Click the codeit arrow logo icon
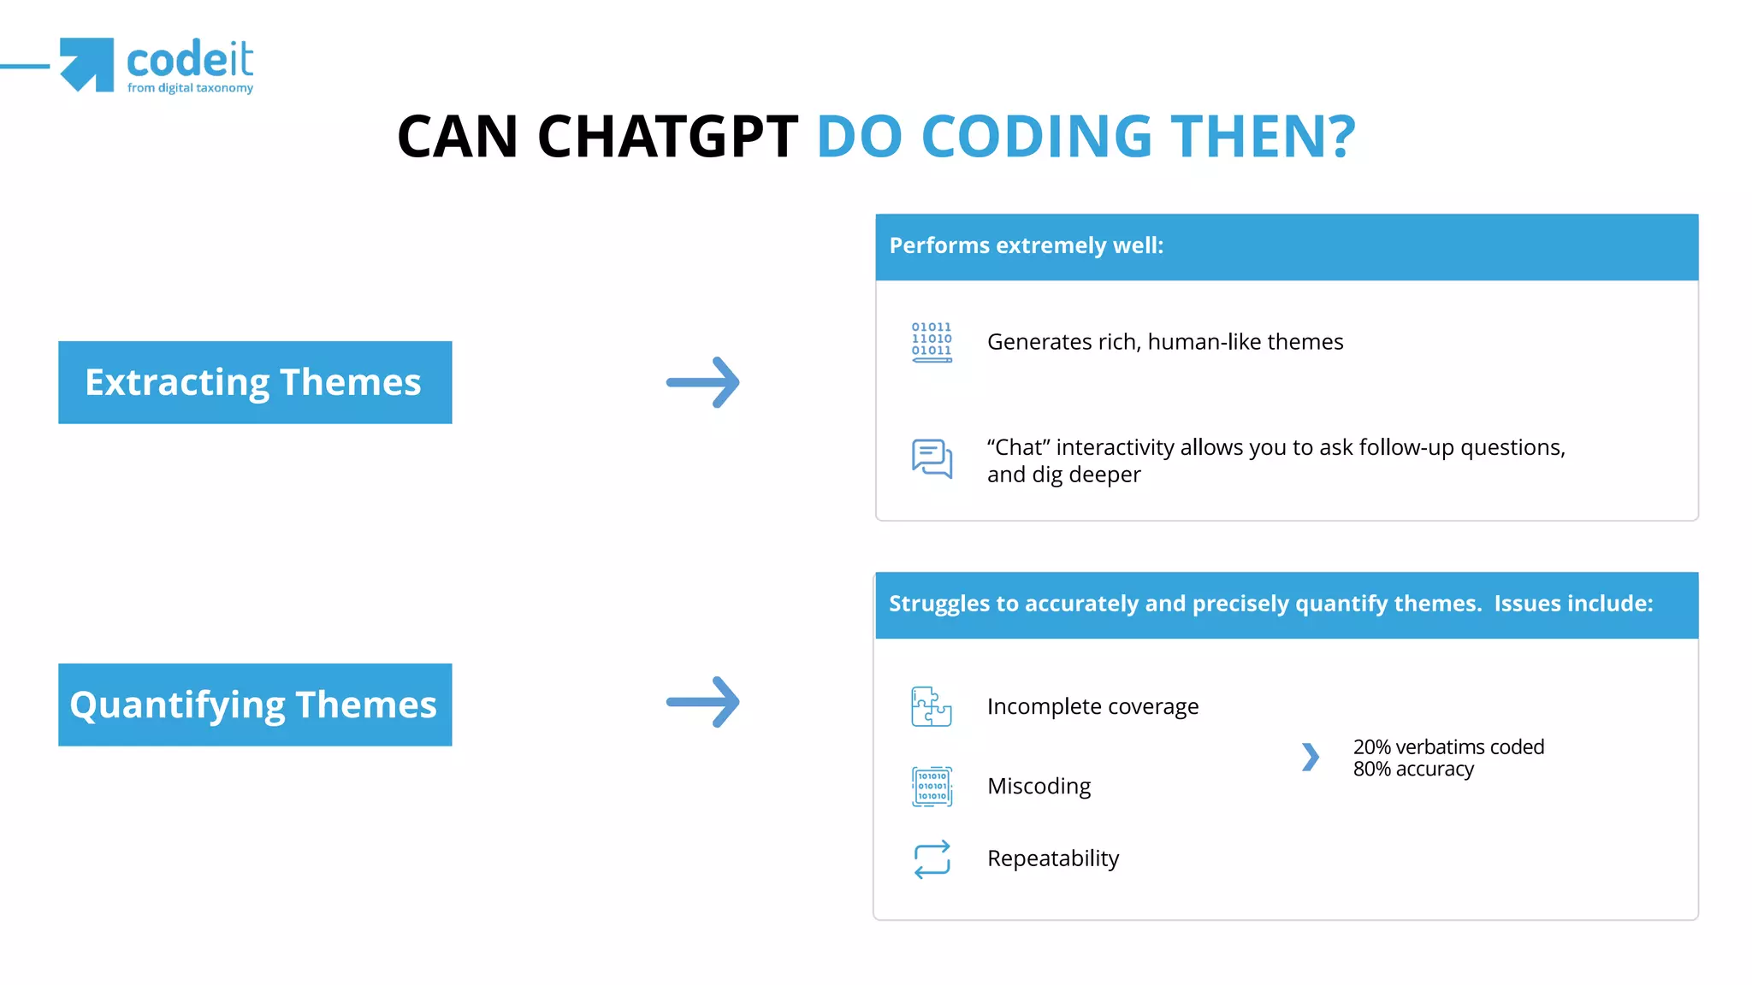tap(87, 64)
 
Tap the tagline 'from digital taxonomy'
tap(190, 88)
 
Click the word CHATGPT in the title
tap(667, 137)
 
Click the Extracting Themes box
tap(255, 382)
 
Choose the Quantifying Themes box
tap(255, 705)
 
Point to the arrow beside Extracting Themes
tap(703, 382)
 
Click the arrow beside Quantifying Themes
tap(703, 702)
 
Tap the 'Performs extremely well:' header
tap(1026, 246)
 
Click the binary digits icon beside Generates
tap(932, 342)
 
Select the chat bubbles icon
tap(932, 459)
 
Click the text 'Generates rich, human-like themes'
tap(1164, 342)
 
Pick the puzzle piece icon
tap(932, 706)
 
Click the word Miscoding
tap(1039, 786)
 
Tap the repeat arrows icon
tap(932, 858)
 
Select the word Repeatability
tap(1052, 858)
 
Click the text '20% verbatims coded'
tap(1447, 746)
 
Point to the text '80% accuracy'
tap(1413, 770)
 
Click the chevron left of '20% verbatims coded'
tap(1310, 757)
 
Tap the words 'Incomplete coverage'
tap(1092, 706)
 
